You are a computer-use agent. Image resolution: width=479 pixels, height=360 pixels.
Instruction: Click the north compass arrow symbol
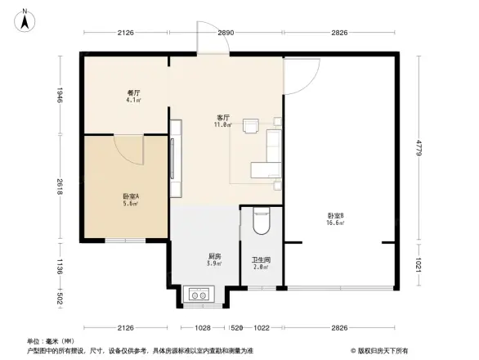[x=25, y=18]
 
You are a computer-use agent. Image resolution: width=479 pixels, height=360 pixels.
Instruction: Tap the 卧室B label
[x=334, y=216]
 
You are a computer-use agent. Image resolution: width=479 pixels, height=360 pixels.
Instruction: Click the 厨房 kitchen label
[x=213, y=255]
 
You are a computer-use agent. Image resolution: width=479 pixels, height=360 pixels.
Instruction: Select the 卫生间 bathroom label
[x=261, y=258]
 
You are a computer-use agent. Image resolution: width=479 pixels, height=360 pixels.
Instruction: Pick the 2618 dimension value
[x=60, y=189]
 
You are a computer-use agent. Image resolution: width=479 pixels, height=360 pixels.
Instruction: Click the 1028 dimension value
[x=203, y=327]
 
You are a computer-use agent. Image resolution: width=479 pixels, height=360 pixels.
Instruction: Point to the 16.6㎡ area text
[x=335, y=223]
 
